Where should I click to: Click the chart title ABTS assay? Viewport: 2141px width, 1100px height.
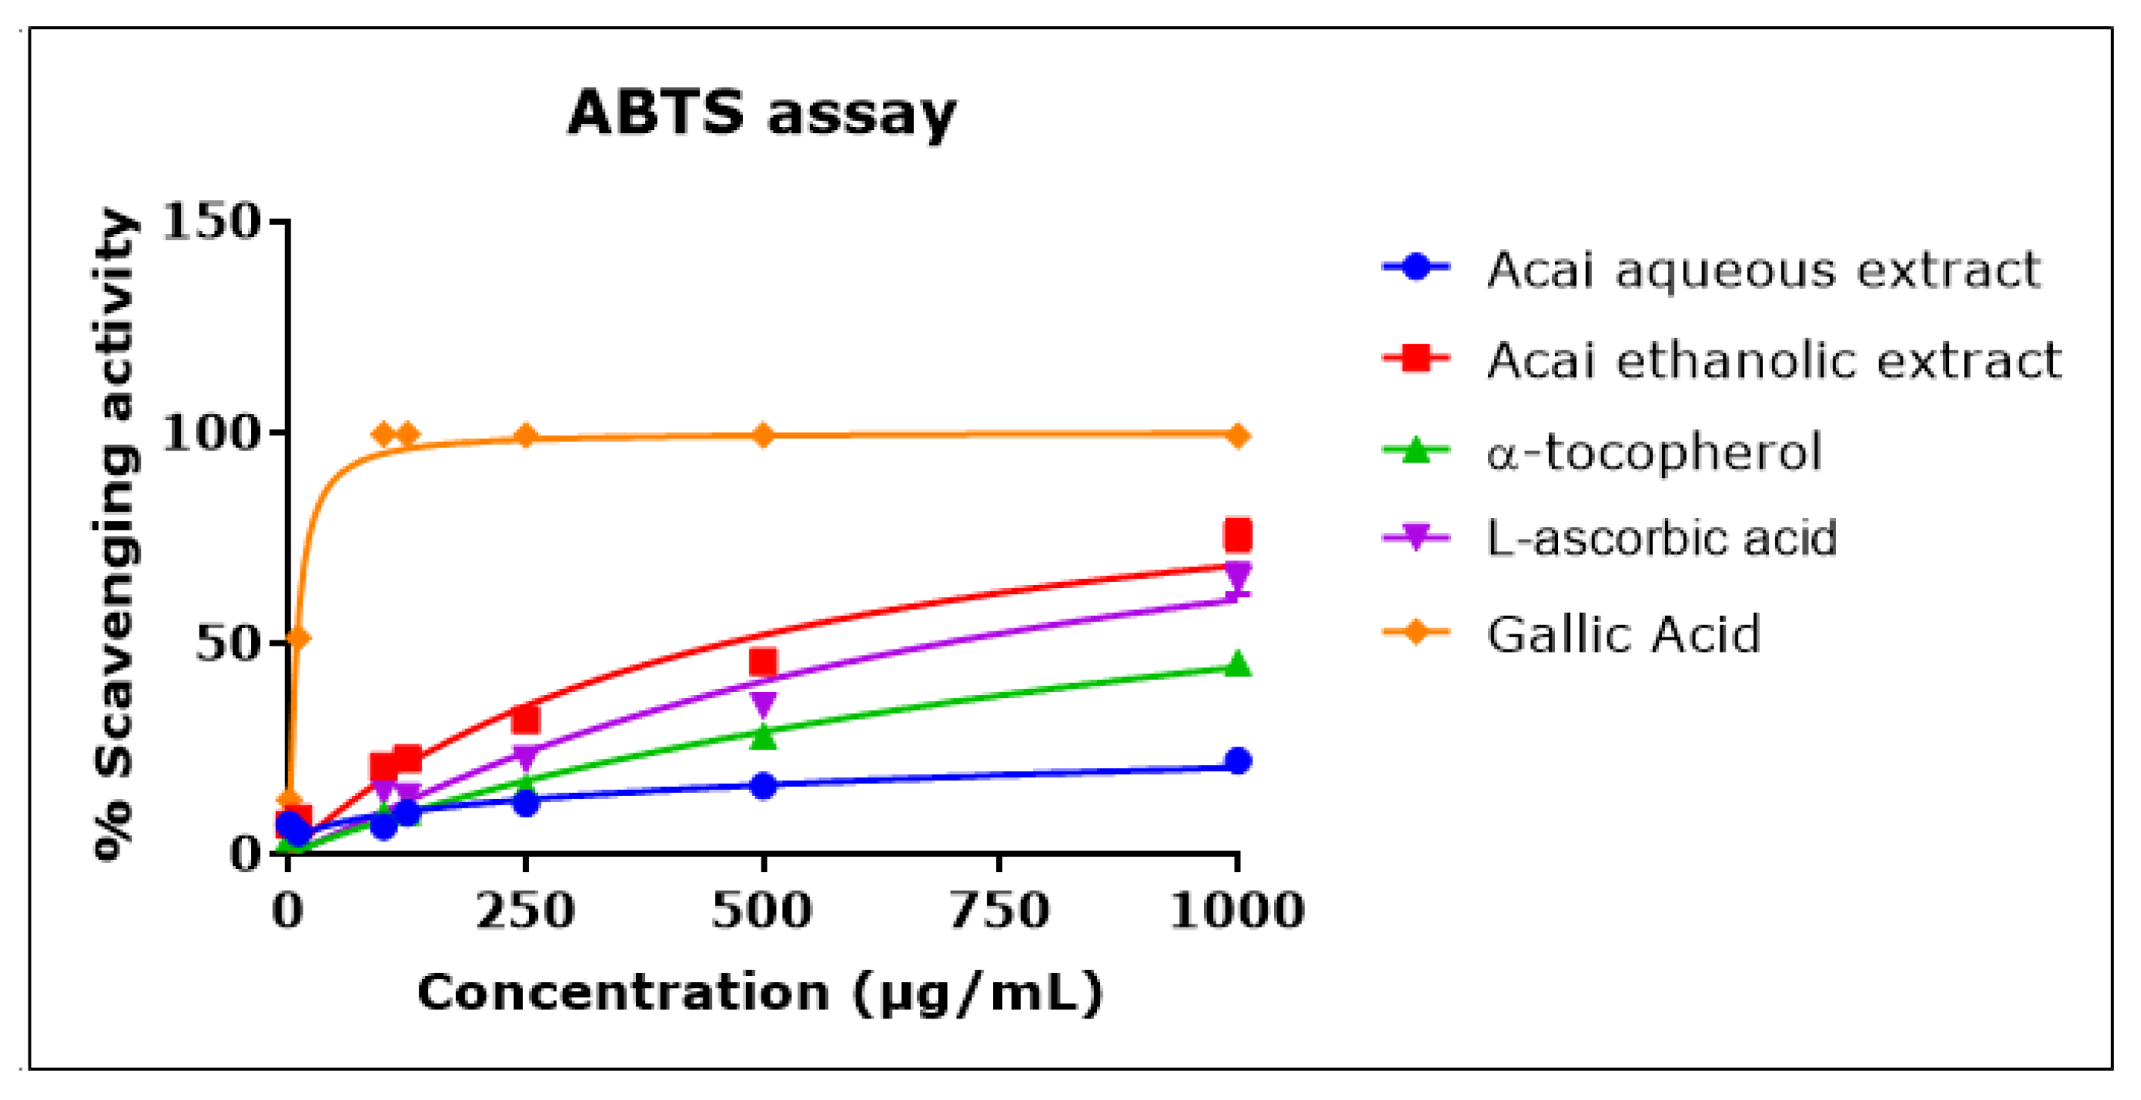[x=761, y=113]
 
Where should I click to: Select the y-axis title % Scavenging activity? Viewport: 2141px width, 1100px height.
[x=114, y=535]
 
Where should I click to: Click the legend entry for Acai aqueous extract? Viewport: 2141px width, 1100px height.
[x=1763, y=270]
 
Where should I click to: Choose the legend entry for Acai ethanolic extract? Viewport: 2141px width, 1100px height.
[x=1773, y=361]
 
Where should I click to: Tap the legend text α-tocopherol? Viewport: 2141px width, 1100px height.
[x=1654, y=452]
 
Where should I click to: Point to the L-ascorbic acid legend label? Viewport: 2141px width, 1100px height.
[x=1661, y=537]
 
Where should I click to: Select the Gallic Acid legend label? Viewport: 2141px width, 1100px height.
[x=1623, y=634]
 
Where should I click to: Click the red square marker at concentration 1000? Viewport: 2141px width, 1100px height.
[x=1238, y=535]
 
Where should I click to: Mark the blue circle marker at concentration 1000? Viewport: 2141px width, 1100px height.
[x=1238, y=760]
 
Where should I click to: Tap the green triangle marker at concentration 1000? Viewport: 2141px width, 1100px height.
[x=1238, y=664]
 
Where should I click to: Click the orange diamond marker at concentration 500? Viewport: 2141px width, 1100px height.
[x=763, y=434]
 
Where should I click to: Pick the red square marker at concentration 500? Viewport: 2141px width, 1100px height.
[x=763, y=662]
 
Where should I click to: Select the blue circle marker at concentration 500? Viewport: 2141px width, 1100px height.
[x=763, y=785]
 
